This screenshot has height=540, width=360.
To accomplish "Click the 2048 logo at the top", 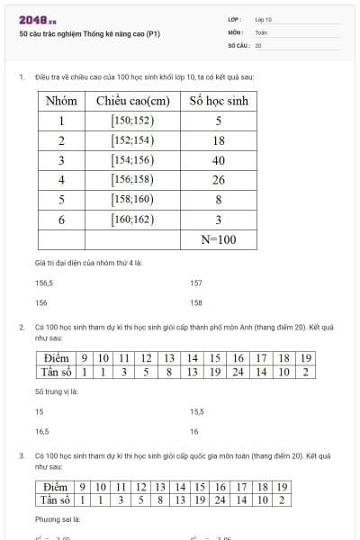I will click(x=37, y=20).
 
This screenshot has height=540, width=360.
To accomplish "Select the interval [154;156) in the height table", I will click(x=132, y=159).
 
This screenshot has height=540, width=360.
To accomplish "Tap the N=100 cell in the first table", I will click(x=218, y=239).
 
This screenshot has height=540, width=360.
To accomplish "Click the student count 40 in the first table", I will click(x=218, y=159).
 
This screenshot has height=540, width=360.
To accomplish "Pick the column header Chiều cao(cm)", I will click(x=132, y=101).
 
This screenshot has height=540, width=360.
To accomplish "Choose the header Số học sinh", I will click(x=218, y=101).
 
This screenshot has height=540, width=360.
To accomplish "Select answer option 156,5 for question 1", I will click(x=43, y=283).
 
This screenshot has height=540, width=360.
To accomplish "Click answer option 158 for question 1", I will click(x=196, y=302).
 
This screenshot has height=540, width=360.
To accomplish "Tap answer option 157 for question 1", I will click(x=196, y=283).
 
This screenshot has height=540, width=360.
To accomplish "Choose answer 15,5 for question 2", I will click(x=197, y=411).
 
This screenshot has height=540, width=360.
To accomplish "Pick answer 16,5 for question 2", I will click(x=41, y=431).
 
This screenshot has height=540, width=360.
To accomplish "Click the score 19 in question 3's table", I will click(x=282, y=487).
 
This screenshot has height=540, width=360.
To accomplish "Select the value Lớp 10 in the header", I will click(x=263, y=19).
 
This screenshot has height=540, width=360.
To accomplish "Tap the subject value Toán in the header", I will click(x=261, y=31).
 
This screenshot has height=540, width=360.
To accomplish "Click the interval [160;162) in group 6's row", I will click(x=132, y=219).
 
